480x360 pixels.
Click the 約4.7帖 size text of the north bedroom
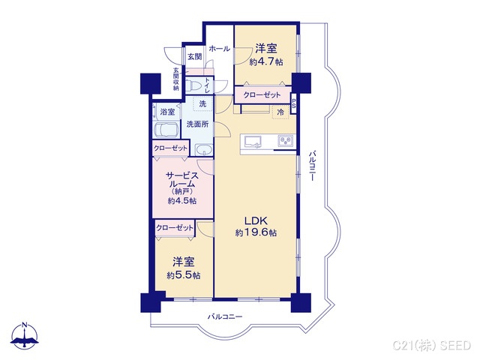(x=265, y=62)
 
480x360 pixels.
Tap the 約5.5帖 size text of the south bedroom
(x=183, y=275)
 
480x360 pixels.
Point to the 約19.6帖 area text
(x=255, y=233)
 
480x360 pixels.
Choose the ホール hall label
(x=220, y=49)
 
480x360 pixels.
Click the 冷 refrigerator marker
(x=280, y=112)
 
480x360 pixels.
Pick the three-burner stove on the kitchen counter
(x=286, y=141)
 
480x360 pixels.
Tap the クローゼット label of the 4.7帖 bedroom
(x=262, y=96)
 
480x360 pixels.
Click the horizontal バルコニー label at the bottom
(x=225, y=317)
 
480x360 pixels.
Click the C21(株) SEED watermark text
(x=433, y=343)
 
